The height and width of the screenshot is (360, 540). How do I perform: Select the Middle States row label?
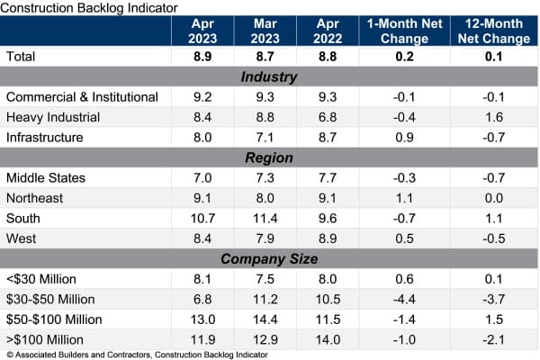click(46, 177)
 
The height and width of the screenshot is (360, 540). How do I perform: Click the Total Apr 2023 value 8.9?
click(202, 56)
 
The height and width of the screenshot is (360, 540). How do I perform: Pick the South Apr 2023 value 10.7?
click(202, 219)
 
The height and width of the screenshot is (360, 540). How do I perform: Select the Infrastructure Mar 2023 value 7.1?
click(264, 137)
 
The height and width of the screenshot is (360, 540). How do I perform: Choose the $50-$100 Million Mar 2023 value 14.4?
click(264, 319)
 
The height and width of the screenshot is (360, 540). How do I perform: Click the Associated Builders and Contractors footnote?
click(135, 354)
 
